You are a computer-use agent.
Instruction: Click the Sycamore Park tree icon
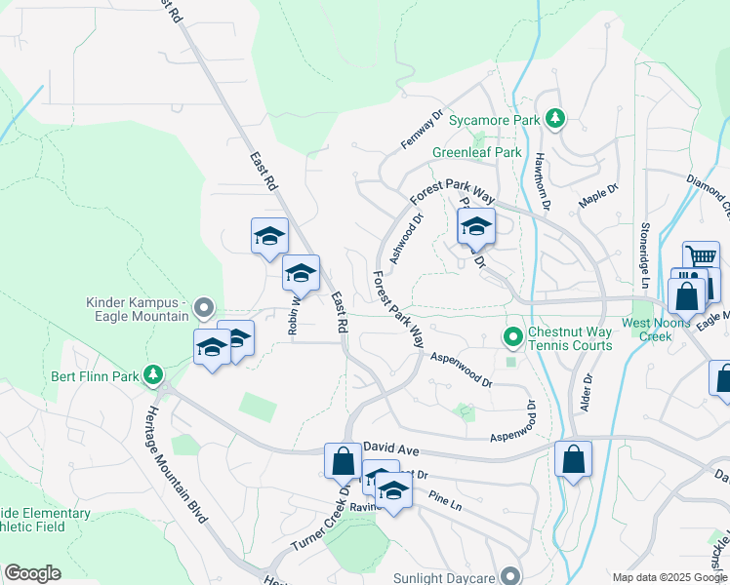[555, 119]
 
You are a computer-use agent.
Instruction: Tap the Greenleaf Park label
[477, 153]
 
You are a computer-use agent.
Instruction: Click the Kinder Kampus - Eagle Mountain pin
[203, 308]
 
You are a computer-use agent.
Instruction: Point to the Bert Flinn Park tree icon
[152, 374]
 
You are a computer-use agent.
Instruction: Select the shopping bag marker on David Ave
[344, 461]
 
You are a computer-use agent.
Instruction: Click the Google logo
[32, 573]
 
